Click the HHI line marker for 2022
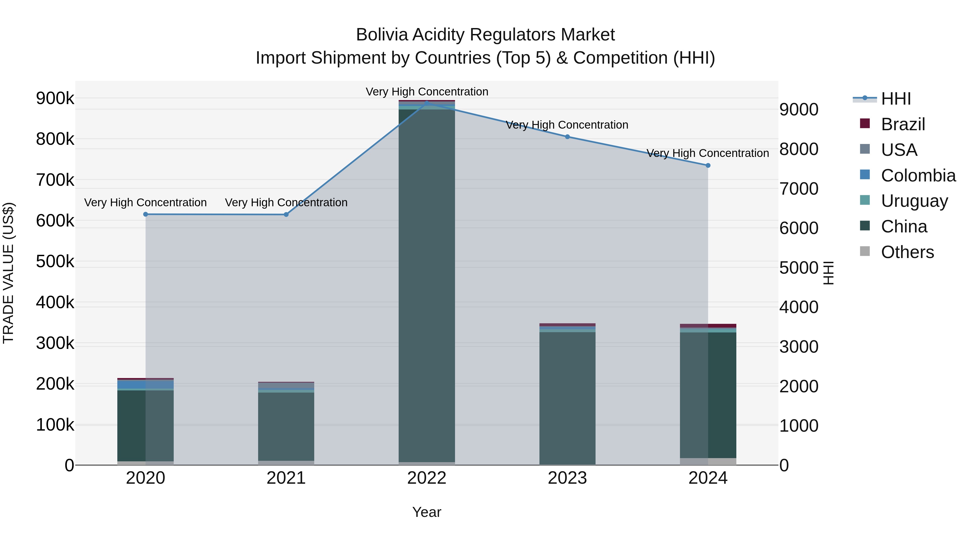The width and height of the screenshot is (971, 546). coord(427,102)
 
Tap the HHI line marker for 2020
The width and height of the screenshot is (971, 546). coord(145,214)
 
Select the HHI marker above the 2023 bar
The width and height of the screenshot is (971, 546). coord(567,137)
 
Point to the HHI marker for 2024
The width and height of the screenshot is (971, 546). coord(708,166)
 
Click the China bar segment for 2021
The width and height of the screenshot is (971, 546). coord(286,426)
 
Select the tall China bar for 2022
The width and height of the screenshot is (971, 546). coord(427,286)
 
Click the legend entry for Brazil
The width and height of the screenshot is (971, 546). coord(902,124)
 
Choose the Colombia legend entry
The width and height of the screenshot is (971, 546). coord(918,176)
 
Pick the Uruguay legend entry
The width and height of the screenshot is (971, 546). coord(914,201)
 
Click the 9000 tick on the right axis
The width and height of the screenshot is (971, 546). coord(798,110)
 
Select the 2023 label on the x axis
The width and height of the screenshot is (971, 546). coord(567,478)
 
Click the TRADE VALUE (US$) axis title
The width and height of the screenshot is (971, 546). coord(8,273)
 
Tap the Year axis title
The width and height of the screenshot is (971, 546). coord(427,512)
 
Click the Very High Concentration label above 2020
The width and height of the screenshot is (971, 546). coord(145,203)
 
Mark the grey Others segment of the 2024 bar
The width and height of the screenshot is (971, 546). coord(708,461)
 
